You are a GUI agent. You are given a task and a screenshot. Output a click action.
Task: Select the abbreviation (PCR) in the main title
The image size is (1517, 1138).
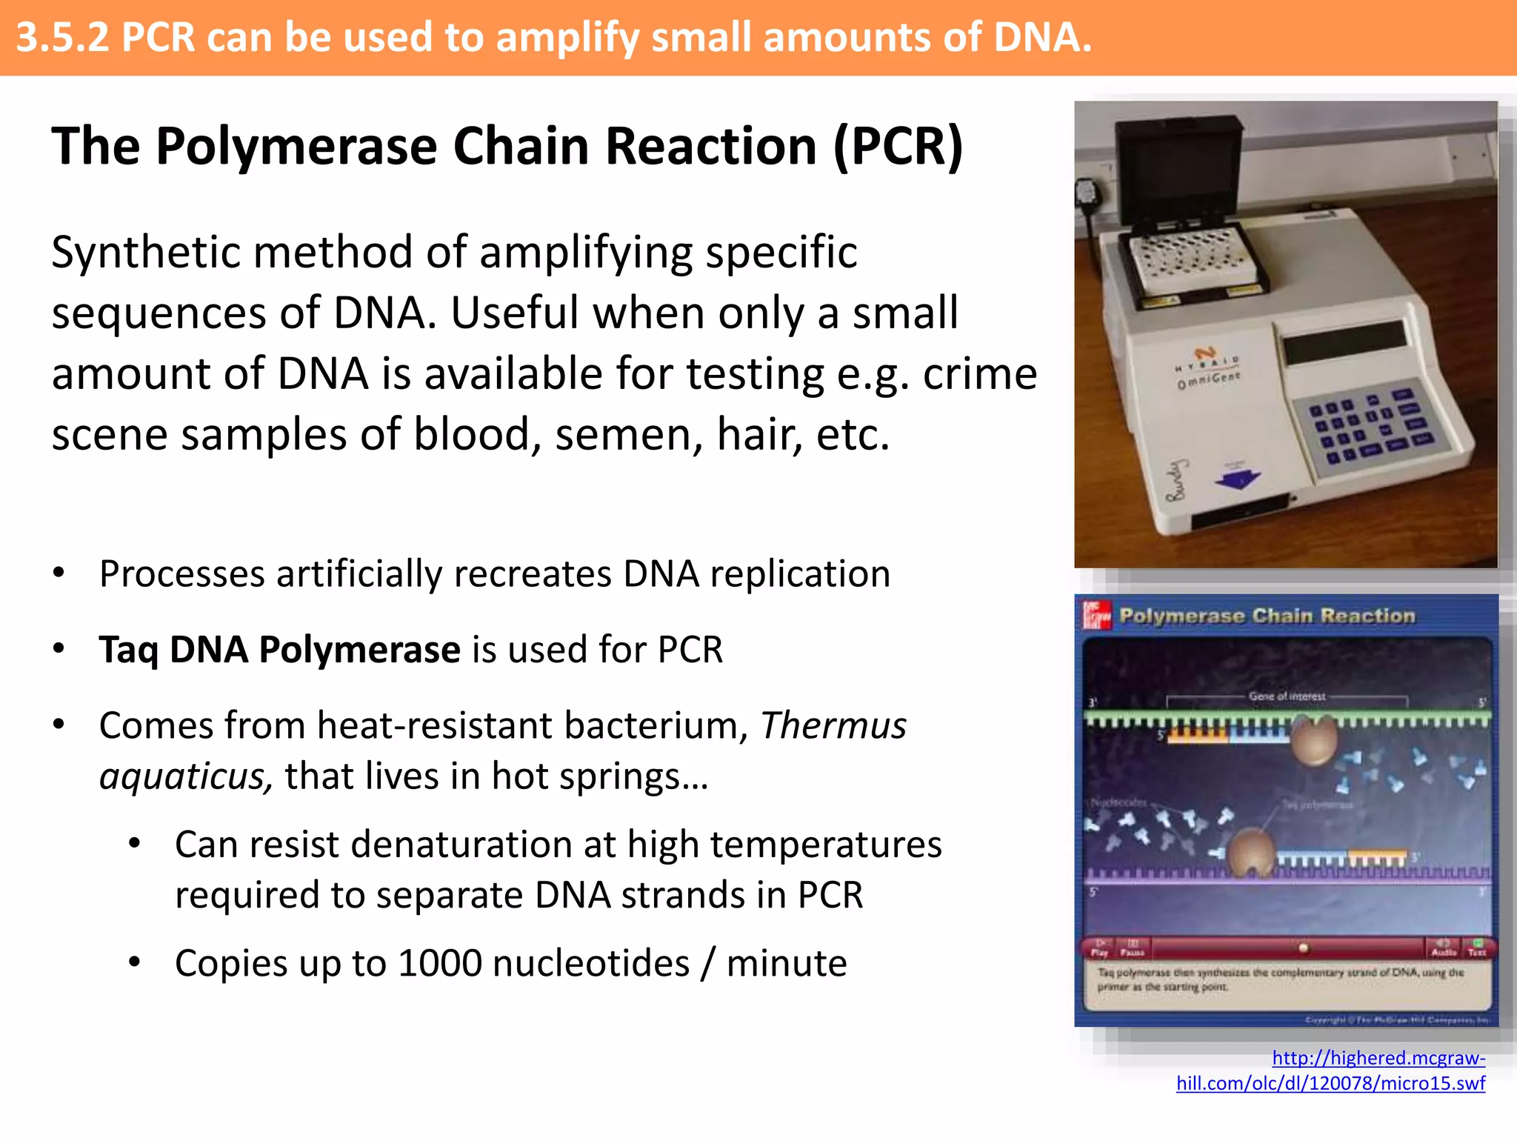[x=898, y=146]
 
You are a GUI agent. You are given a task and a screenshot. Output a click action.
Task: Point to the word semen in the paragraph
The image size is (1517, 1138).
[x=629, y=435]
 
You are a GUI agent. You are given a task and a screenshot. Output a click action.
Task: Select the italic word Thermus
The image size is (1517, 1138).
[x=833, y=725]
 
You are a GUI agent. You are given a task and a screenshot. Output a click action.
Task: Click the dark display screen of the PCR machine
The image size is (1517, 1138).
[x=1344, y=342]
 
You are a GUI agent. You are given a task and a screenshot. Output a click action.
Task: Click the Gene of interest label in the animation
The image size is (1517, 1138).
[x=1287, y=696]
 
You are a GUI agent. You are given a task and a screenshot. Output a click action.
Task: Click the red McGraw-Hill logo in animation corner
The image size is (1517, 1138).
[x=1097, y=615]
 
